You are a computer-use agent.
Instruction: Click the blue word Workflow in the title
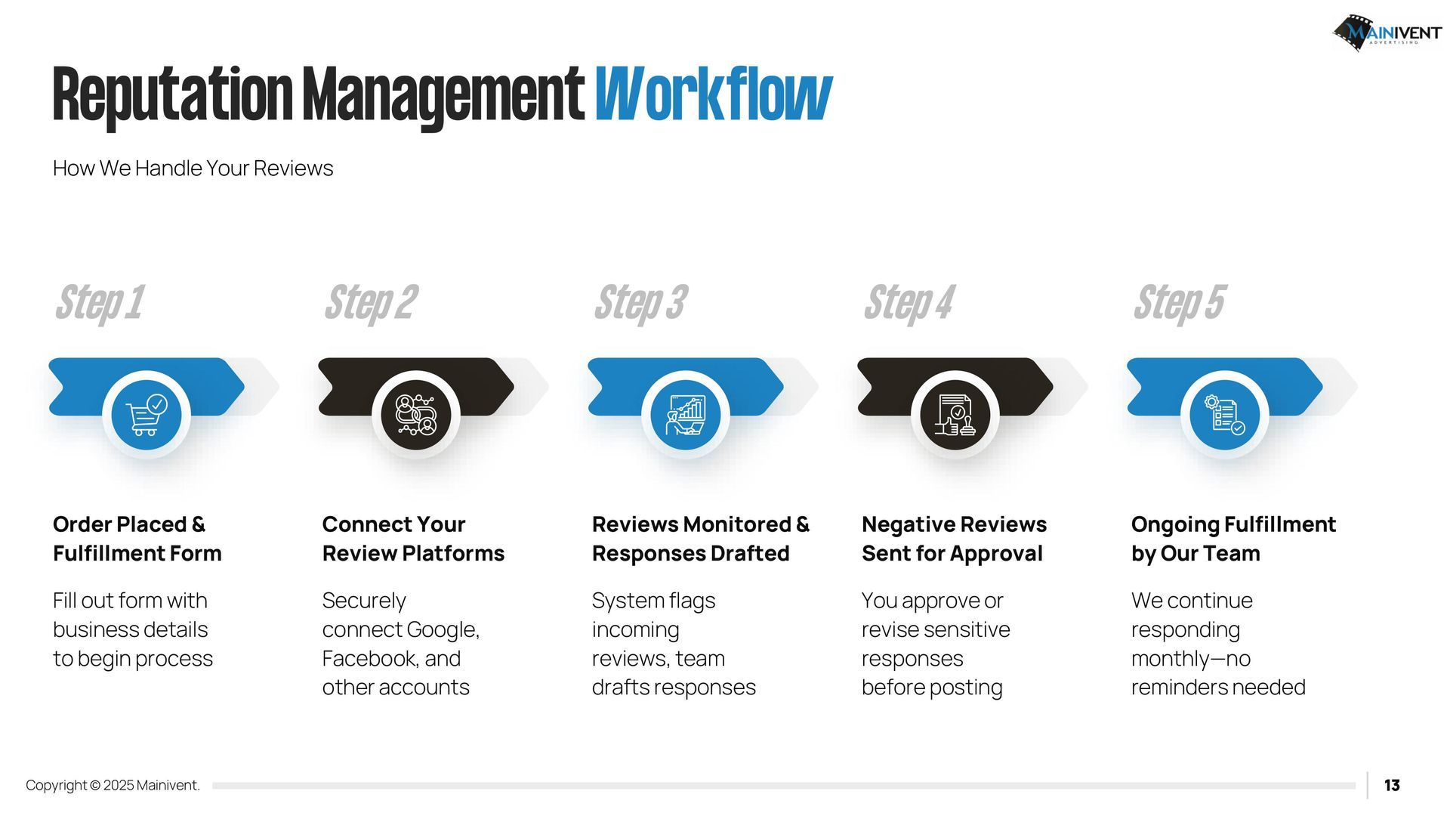pos(713,94)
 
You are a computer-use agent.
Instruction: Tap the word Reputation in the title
pos(172,96)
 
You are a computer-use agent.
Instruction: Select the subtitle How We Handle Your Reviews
pos(193,168)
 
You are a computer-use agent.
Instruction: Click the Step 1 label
pos(99,302)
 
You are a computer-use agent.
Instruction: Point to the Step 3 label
pos(640,302)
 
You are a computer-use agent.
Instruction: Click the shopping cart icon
pos(147,415)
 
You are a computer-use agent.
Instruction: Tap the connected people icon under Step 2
pos(416,415)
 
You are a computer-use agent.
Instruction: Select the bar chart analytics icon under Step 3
pos(686,415)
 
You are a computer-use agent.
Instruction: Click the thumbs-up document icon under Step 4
pos(955,415)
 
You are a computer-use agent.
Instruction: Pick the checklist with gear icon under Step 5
pos(1225,415)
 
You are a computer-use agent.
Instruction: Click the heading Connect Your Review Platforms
pos(413,539)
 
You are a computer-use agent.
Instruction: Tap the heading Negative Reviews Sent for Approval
pos(954,539)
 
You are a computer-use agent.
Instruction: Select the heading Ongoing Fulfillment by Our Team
pos(1233,539)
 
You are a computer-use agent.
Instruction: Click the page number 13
pos(1392,786)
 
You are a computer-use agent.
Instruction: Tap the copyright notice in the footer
pos(113,786)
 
